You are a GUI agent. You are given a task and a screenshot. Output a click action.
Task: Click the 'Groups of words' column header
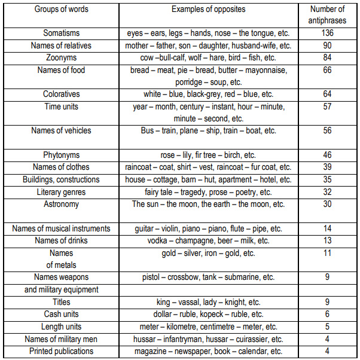61,10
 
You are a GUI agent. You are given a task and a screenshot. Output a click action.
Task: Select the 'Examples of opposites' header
208,10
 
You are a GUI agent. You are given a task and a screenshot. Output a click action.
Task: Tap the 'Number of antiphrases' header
327,15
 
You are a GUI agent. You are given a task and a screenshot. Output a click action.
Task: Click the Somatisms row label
61,33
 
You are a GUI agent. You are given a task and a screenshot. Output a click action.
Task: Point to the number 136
327,33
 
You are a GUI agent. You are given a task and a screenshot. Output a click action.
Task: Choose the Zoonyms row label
61,57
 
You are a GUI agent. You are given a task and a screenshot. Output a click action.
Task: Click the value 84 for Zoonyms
327,57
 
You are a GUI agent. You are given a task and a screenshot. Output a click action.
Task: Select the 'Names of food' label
61,70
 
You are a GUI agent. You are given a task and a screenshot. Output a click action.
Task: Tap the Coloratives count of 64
327,94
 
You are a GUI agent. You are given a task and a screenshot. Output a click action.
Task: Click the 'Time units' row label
61,106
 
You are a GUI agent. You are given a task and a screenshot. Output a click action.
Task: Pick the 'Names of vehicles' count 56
327,131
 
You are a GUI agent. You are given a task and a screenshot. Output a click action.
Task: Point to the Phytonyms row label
61,155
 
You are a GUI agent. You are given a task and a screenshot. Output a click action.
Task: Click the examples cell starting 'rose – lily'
208,155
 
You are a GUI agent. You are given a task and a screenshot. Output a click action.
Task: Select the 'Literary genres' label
61,192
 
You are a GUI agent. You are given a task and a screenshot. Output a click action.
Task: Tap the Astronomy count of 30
327,204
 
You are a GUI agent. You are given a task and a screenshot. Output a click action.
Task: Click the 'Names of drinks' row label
61,240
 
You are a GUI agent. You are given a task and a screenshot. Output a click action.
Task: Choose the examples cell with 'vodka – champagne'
208,240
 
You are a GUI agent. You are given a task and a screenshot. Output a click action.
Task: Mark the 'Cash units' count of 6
327,315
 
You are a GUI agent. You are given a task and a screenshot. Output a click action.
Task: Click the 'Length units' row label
61,327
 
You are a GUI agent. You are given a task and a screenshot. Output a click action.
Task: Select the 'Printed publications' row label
61,352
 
